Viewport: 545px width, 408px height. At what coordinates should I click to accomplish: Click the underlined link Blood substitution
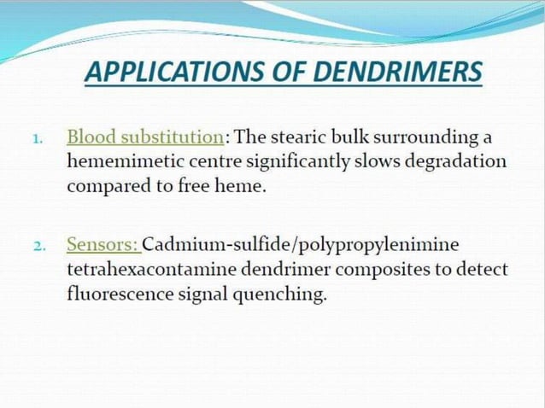point(145,137)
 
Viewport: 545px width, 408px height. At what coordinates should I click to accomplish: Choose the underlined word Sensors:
point(103,245)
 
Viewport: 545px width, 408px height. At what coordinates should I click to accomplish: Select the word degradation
point(458,161)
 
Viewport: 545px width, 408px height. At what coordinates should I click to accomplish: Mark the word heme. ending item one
point(243,186)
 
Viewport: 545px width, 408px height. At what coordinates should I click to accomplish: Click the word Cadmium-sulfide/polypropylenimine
point(300,245)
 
